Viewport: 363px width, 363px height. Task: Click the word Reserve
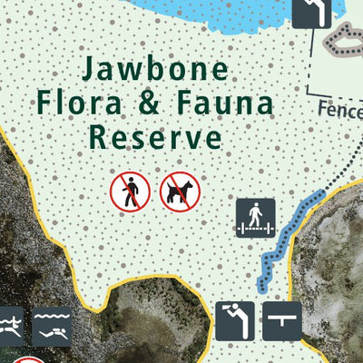pyautogui.click(x=154, y=137)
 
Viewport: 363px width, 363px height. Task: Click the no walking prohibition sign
pyautogui.click(x=129, y=191)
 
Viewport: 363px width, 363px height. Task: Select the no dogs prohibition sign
pyautogui.click(x=177, y=191)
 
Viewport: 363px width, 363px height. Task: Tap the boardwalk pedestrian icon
pyautogui.click(x=255, y=217)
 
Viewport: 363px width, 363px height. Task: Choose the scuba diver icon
pyautogui.click(x=52, y=327)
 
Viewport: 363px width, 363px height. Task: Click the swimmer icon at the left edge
pyautogui.click(x=8, y=325)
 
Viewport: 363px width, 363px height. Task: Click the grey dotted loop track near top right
pyautogui.click(x=346, y=42)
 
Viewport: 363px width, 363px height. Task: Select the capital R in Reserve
pyautogui.click(x=98, y=137)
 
